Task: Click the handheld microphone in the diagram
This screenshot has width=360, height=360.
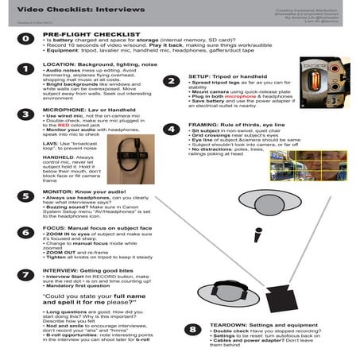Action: [x=258, y=235]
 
